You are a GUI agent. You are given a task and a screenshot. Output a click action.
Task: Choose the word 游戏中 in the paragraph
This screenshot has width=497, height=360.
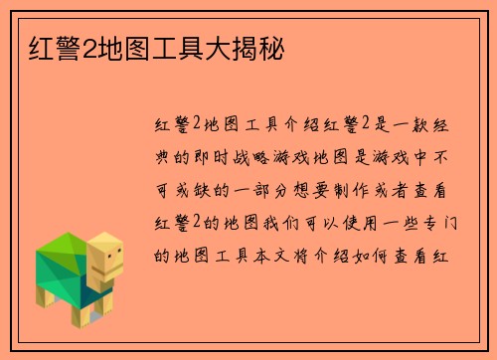(408, 156)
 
